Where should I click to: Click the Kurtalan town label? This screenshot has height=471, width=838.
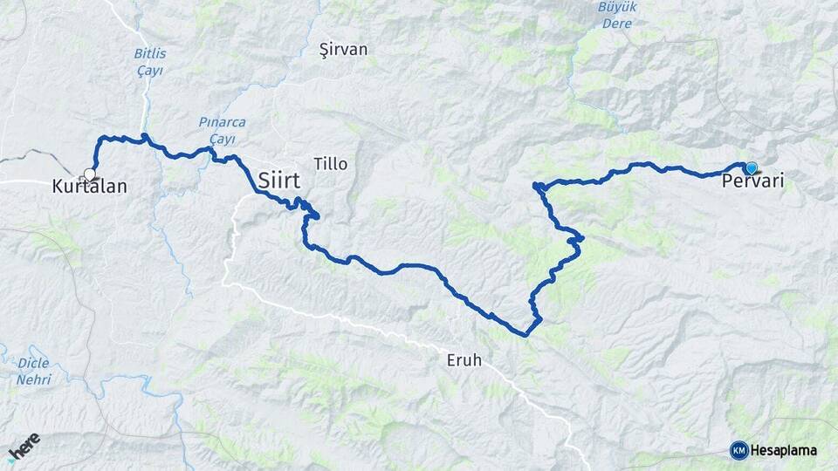click(90, 187)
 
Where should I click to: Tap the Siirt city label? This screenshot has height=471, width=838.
click(279, 181)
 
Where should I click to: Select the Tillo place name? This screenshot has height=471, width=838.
click(331, 164)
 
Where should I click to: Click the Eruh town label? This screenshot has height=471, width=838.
click(463, 359)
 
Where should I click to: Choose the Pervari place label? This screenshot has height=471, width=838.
click(753, 182)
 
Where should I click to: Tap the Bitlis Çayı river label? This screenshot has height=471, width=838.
click(150, 61)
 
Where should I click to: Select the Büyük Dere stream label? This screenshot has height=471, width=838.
click(591, 15)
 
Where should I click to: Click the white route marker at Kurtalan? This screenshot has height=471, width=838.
click(89, 174)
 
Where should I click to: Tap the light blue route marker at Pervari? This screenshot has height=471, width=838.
click(751, 167)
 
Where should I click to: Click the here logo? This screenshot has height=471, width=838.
click(24, 447)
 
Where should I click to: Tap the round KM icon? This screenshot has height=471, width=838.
click(739, 450)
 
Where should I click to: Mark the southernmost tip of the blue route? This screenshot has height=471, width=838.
click(525, 334)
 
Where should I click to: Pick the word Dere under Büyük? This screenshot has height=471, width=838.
click(592, 23)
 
